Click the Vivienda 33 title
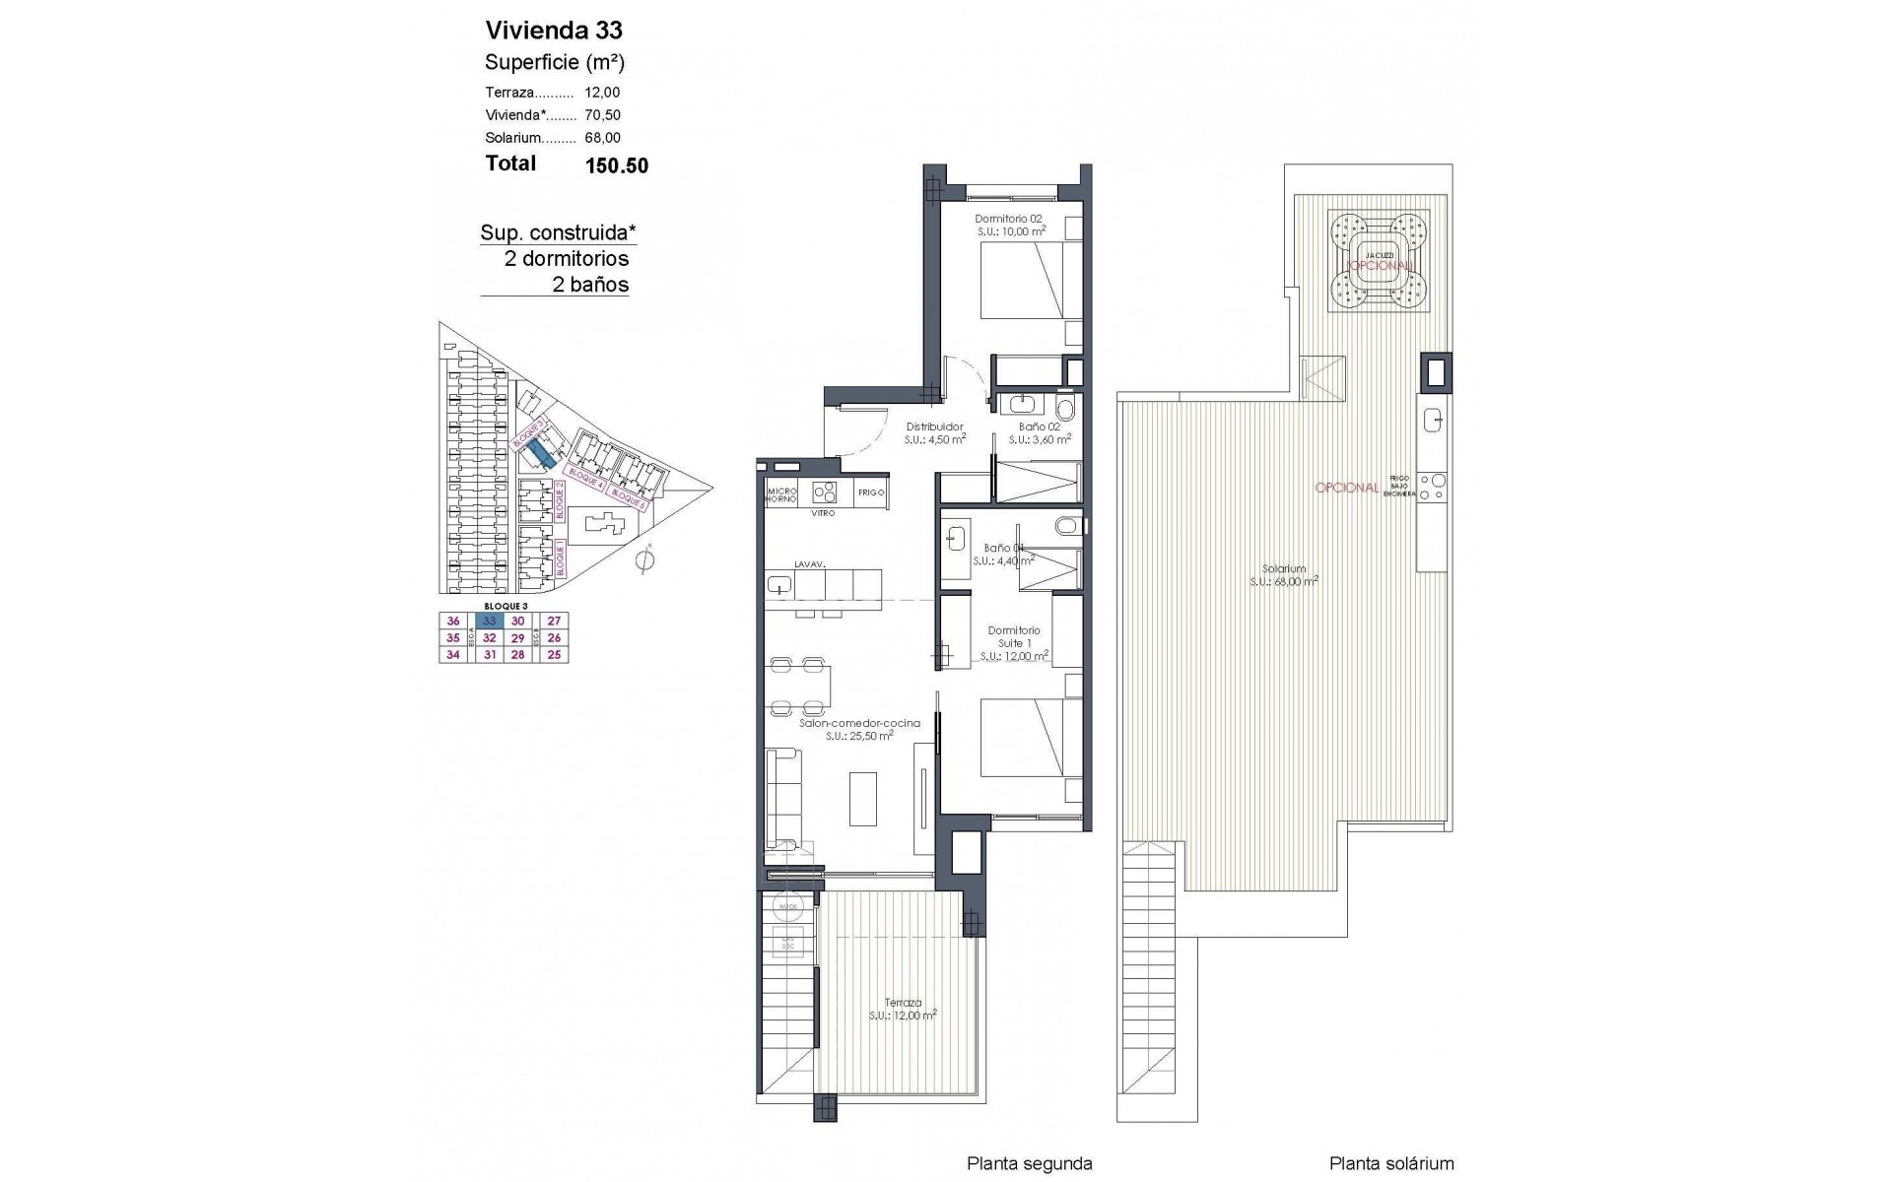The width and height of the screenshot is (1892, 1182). click(554, 31)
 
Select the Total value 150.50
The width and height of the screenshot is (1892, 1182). click(617, 165)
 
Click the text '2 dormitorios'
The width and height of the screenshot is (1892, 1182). click(566, 259)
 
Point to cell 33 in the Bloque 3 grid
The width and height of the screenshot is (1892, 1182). click(490, 622)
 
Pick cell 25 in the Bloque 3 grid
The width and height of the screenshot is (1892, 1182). click(554, 655)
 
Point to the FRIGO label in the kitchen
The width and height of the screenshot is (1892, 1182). click(871, 492)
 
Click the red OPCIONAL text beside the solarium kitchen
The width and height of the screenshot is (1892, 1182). click(1346, 488)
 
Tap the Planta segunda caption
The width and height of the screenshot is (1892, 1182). click(1029, 1163)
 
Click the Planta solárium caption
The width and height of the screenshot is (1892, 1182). click(1390, 1163)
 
